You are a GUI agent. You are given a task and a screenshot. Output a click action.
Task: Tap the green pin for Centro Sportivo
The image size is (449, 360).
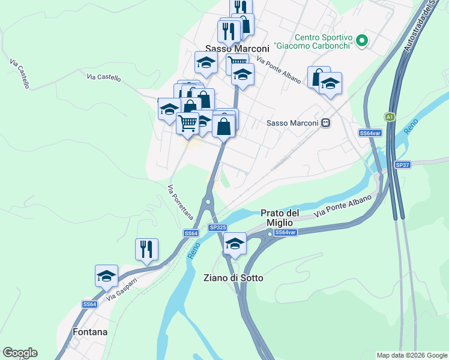[x=361, y=41]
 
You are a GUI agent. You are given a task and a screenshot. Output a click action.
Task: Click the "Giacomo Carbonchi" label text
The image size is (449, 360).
[x=312, y=46]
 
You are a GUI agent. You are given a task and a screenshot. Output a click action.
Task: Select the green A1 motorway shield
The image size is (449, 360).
[x=390, y=116]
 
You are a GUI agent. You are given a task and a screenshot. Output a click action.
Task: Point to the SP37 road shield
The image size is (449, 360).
[x=402, y=164]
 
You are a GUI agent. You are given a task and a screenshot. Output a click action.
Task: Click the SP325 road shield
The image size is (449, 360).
[x=217, y=227]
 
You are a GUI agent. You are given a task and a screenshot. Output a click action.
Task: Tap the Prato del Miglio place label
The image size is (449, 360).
[x=280, y=218]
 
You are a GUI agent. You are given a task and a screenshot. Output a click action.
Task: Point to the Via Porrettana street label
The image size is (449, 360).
[x=179, y=202]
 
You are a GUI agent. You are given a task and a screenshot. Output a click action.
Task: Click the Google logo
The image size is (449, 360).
[x=20, y=353]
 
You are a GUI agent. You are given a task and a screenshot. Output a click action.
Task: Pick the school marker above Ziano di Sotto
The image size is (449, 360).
[x=235, y=243]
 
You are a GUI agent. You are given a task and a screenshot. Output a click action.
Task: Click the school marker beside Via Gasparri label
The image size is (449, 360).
[x=106, y=275]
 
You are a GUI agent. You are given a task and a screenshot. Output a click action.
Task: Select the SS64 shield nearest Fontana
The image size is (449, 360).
[x=89, y=304]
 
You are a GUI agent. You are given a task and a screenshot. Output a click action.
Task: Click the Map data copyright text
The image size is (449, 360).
[x=411, y=355]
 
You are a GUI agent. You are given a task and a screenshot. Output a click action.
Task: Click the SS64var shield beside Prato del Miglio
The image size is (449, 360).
[x=285, y=232]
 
